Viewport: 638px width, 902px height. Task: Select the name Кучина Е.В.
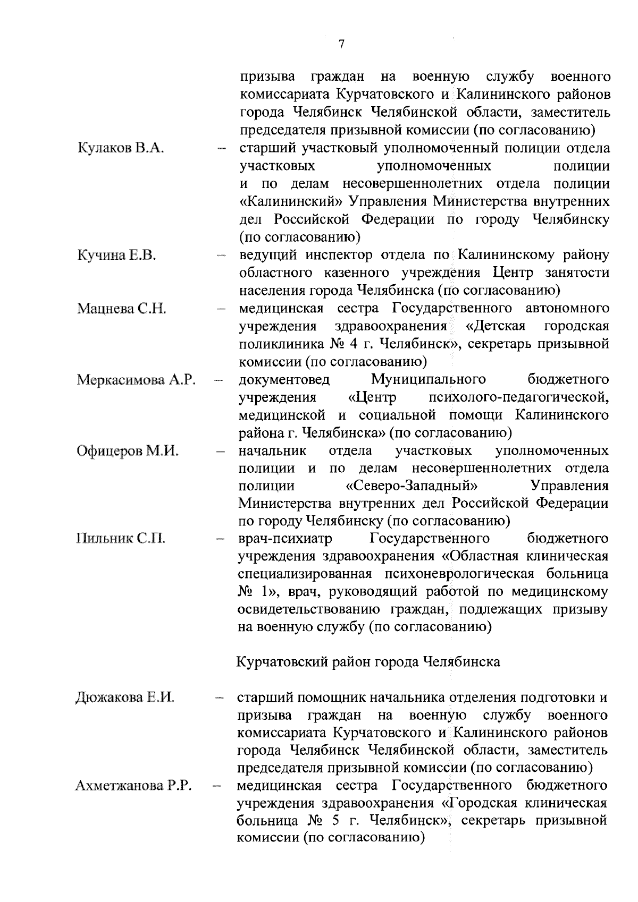pyautogui.click(x=116, y=255)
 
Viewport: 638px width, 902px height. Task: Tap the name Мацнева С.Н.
pyautogui.click(x=122, y=308)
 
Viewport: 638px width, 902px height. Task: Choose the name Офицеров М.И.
pyautogui.click(x=128, y=451)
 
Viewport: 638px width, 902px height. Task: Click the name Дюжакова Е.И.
pyautogui.click(x=125, y=697)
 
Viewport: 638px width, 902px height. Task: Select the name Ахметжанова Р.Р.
pyautogui.click(x=133, y=785)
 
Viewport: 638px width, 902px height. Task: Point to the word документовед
pyautogui.click(x=284, y=380)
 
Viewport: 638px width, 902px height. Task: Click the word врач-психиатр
pyautogui.click(x=285, y=539)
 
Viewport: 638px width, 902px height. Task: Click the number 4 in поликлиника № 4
pyautogui.click(x=352, y=344)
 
